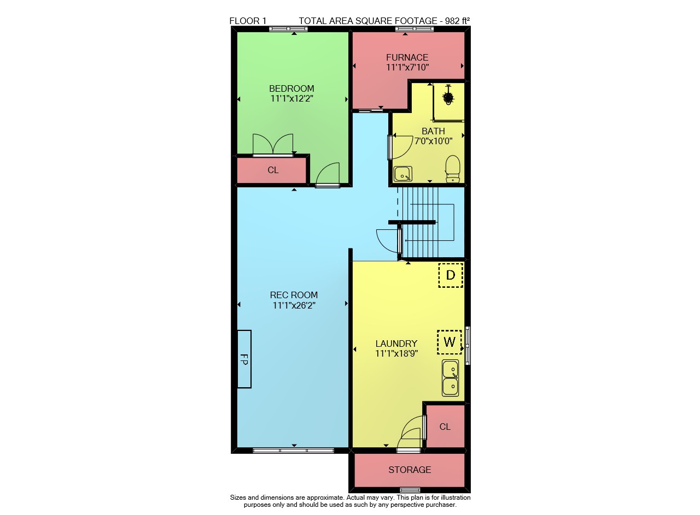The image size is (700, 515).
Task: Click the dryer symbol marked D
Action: (x=450, y=275)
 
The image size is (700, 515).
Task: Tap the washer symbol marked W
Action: (x=450, y=342)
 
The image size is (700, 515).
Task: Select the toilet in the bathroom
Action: (x=452, y=169)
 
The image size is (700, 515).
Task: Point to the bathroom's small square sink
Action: (x=403, y=174)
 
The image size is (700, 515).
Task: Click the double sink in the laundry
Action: (x=450, y=378)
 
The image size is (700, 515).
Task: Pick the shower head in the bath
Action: (x=448, y=97)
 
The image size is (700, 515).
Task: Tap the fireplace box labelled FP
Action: (x=244, y=359)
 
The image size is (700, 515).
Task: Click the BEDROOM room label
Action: (x=291, y=88)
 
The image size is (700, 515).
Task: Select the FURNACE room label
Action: (x=407, y=57)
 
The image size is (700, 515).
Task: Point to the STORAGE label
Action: (x=410, y=470)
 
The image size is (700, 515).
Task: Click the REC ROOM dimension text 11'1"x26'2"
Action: (x=294, y=305)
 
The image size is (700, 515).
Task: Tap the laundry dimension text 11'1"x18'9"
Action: (x=396, y=354)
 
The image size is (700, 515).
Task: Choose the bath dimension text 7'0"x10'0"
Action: (x=434, y=141)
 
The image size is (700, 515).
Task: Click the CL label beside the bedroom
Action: (x=273, y=170)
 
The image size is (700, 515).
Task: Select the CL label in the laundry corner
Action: (x=445, y=427)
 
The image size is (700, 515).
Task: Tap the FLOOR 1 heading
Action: (x=248, y=21)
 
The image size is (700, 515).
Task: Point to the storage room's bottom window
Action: (x=410, y=490)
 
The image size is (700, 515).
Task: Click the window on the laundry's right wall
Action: (x=468, y=346)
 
